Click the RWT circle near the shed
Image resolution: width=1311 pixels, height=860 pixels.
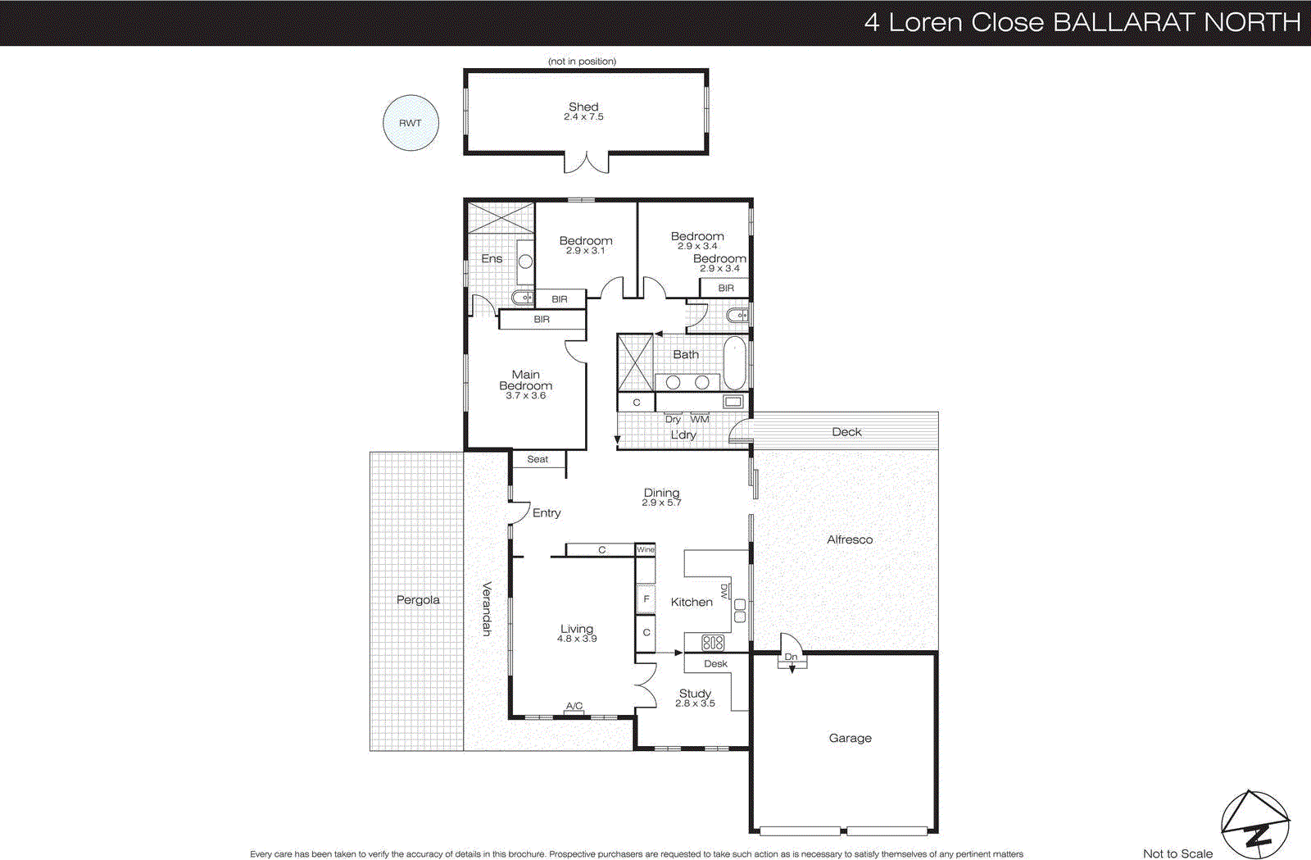[x=411, y=123]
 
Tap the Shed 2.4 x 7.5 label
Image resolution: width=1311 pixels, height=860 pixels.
[x=583, y=111]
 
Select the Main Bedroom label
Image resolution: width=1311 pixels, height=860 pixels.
[x=525, y=380]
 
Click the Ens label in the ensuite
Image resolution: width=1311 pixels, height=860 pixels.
[x=492, y=258]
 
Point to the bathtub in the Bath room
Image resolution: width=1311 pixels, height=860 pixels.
[x=734, y=362]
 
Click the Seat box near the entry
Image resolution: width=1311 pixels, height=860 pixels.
[x=538, y=459]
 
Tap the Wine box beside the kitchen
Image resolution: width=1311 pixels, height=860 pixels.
[x=646, y=549]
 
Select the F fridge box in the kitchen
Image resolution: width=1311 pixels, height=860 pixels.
[x=646, y=599]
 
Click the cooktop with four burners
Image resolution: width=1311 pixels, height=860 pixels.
[x=713, y=643]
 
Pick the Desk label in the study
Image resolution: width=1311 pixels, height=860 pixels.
[x=715, y=664]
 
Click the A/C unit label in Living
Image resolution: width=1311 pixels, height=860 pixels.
[x=574, y=706]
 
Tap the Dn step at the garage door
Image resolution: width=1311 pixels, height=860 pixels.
[x=792, y=658]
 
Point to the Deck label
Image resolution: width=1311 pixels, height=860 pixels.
[x=846, y=432]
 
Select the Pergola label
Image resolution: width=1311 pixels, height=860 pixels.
[x=418, y=600]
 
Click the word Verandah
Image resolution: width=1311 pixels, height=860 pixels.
[x=486, y=608]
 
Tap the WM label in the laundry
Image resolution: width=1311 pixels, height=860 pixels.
[x=700, y=419]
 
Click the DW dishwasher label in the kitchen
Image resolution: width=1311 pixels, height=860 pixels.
[x=724, y=590]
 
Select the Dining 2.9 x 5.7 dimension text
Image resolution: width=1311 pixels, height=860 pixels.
[x=661, y=503]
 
